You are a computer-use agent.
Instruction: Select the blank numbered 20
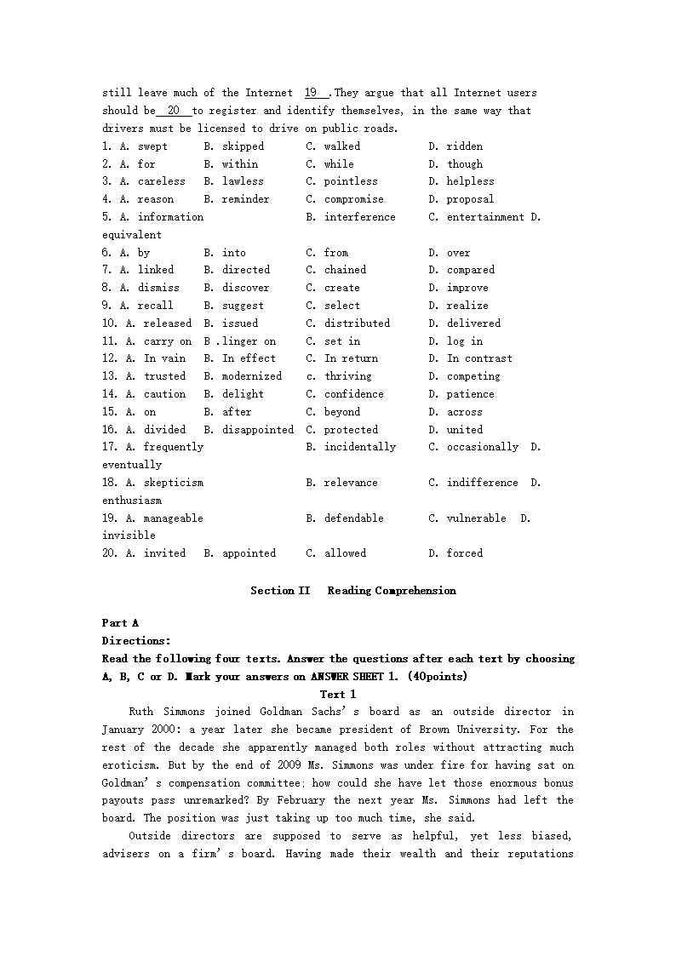point(174,111)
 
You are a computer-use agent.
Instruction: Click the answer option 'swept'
point(152,146)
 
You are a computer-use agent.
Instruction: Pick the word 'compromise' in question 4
point(353,199)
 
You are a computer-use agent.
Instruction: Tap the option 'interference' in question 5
point(359,217)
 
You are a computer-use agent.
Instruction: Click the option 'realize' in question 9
point(467,306)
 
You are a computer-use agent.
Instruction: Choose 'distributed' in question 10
point(357,323)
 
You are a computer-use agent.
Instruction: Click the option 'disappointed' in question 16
point(258,430)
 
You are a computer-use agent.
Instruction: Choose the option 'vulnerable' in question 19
point(476,518)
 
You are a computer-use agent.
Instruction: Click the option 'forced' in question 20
point(464,553)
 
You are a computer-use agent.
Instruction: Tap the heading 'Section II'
point(280,591)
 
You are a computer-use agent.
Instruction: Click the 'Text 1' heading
point(338,695)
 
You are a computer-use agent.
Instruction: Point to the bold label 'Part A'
point(120,623)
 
